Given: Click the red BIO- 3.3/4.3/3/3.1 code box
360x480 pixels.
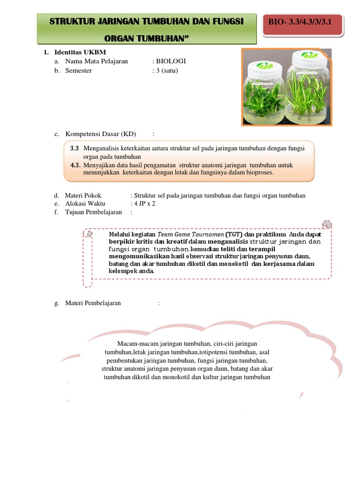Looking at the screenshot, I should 302,22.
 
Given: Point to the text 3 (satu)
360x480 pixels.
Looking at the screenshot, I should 167,71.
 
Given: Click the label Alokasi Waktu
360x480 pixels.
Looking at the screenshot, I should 85,203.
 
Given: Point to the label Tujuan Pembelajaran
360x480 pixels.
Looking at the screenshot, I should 93,212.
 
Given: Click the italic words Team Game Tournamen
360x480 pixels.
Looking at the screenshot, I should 190,234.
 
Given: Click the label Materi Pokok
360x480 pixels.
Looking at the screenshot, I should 83,195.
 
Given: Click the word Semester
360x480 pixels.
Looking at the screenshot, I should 79,71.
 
